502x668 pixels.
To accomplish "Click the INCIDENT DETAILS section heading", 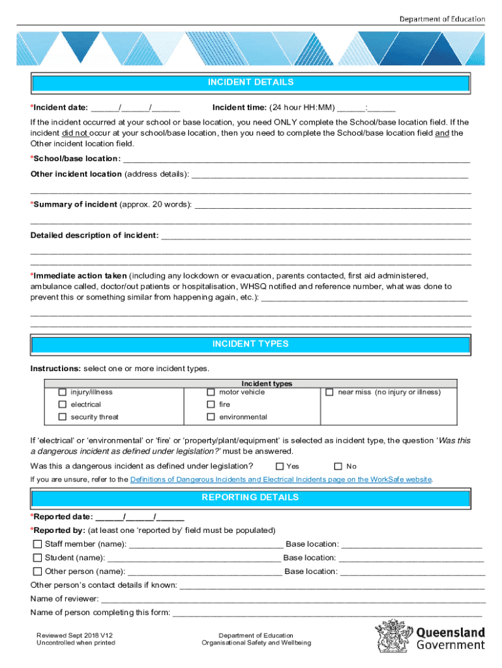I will [x=250, y=83].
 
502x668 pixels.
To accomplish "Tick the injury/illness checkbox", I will [x=63, y=393].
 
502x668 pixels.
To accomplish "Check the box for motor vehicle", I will [x=211, y=393].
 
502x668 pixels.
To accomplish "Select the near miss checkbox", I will [x=329, y=393].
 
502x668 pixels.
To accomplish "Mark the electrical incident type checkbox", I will [x=63, y=404].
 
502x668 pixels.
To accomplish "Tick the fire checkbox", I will [x=211, y=404].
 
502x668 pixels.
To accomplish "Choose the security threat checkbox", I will [x=63, y=417].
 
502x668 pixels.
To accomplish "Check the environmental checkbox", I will [x=211, y=417].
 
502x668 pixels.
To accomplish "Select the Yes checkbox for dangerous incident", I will [x=280, y=466].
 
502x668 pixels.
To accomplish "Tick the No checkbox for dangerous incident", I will [x=338, y=466].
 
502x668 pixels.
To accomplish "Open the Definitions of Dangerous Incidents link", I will [x=280, y=479].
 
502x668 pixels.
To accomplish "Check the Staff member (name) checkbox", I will [x=37, y=544].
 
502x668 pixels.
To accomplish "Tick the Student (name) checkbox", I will [x=37, y=558].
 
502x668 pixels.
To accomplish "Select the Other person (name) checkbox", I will [x=37, y=571].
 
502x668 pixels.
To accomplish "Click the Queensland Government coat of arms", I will [x=393, y=636].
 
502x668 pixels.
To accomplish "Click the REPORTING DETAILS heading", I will [x=250, y=498].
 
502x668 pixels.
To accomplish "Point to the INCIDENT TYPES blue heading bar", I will [x=250, y=344].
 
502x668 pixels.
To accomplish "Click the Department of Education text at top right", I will [x=442, y=19].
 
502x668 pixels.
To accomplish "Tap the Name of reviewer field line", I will [x=293, y=599].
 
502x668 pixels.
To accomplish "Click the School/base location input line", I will [x=297, y=159].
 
